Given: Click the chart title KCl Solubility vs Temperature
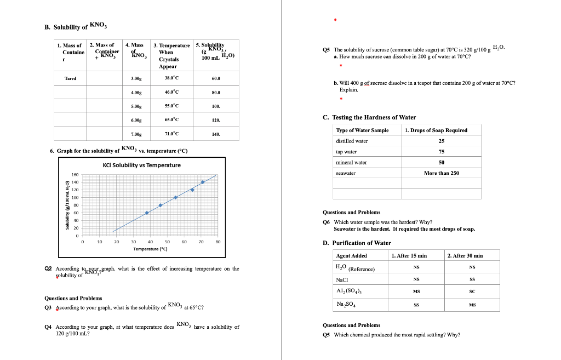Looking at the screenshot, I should coord(141,165).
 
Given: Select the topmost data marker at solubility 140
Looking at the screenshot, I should coord(203,182).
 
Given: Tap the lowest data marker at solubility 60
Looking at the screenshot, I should coord(147,213).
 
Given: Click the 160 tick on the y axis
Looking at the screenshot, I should coord(76,174).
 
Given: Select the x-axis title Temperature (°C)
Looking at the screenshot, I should coord(150,249).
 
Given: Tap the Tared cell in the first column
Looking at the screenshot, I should coord(70,78).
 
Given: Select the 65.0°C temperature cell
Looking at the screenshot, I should coord(171,120).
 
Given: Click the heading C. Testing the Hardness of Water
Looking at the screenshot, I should coord(369,117).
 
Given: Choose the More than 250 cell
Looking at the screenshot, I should coord(441,173).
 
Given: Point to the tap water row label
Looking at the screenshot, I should coord(346,152).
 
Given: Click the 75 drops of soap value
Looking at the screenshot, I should coord(441,152).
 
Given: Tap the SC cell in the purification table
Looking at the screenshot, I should coord(472,292).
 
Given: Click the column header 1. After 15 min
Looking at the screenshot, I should coord(409,255).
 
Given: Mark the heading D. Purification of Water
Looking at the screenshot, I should coord(357,243).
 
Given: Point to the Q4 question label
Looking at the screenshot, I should coord(48,327).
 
